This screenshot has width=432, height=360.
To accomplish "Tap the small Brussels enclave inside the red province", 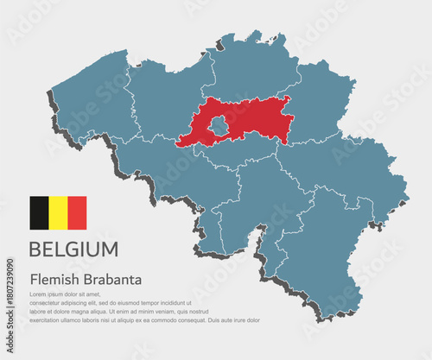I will pos(219,128).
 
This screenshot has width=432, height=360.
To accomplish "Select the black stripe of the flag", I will pos(39,212).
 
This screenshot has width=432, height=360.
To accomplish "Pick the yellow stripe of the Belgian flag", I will pos(58,212).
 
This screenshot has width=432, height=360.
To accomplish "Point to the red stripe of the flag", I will pos(77,212).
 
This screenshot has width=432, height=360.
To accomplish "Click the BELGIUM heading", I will pos(74,249).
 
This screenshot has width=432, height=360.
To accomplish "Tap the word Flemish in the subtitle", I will pos(53,280).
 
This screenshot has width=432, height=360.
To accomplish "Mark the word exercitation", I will pos(49,319).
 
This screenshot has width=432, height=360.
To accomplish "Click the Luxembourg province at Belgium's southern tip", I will pos(328,259).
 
